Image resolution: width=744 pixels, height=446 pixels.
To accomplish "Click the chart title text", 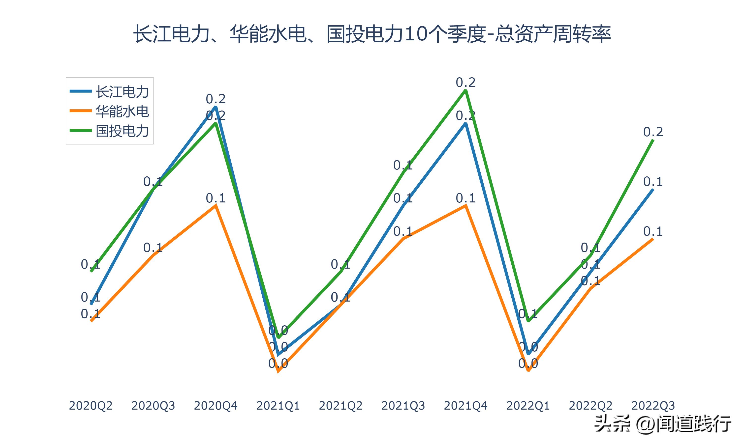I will pos(372,34).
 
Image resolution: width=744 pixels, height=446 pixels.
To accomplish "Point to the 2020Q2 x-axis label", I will pos(91,406).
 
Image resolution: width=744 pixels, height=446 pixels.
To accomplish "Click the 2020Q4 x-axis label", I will pos(216,406).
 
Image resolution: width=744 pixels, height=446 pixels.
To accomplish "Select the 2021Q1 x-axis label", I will pos(278,406).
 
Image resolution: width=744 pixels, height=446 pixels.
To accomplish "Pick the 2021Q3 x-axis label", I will pos(403,406).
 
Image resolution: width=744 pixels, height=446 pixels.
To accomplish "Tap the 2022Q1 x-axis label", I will pos(528,406).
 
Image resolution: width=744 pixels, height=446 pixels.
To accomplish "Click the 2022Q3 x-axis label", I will pos(653,406).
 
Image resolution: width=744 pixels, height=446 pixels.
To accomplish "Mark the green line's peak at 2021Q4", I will pos(465,90).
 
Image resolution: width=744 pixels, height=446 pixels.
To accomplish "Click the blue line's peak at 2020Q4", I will pos(216,107).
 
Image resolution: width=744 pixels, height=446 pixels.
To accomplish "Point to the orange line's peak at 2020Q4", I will pos(216,206).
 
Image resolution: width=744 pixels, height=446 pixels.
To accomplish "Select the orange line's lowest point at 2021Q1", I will pos(278,371).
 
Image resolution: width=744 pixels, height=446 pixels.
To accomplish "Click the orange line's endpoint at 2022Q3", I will pos(653,239).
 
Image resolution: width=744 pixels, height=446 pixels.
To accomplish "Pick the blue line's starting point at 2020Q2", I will pos(91,305).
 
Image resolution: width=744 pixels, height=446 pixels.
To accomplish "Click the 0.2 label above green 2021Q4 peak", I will pos(465,82).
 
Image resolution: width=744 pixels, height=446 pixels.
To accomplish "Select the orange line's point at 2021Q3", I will pos(403,239).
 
